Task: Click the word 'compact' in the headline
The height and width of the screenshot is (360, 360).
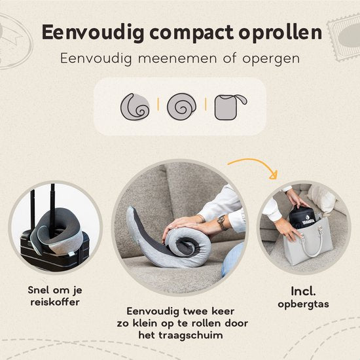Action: (x=192, y=33)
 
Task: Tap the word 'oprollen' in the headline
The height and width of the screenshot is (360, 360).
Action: (x=280, y=31)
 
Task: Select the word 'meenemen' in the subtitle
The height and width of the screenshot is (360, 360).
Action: (x=177, y=58)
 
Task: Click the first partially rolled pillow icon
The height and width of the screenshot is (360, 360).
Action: (x=135, y=107)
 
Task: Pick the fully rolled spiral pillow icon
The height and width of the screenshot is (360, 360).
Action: (x=181, y=106)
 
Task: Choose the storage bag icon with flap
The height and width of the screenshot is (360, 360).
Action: (x=230, y=107)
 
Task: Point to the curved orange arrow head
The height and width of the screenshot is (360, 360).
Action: (x=274, y=175)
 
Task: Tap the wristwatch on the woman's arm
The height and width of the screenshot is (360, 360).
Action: (x=222, y=222)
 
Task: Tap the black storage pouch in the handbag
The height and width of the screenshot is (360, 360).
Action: (x=301, y=217)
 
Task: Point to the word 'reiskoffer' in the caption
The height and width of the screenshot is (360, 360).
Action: (x=55, y=302)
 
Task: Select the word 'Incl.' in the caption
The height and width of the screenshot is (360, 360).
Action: (x=303, y=291)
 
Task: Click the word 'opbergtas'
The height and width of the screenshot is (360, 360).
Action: (x=303, y=304)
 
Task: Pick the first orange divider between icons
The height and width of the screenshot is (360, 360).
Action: (x=158, y=104)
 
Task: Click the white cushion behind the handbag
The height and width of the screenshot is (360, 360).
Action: (x=321, y=198)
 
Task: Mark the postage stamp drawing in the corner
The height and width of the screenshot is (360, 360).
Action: (x=344, y=38)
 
